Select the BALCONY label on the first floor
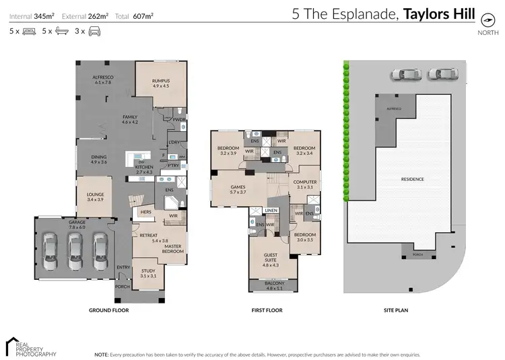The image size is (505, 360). tap(270, 285)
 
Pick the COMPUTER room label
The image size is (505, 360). tap(304, 183)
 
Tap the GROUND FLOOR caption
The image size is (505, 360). tap(108, 311)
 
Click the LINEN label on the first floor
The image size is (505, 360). tap(270, 211)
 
